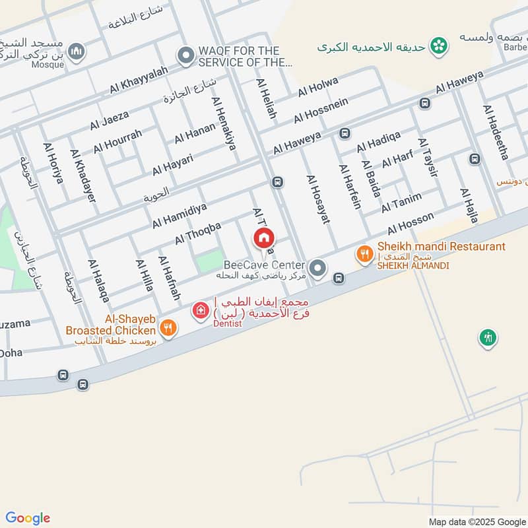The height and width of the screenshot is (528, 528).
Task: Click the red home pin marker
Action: pyautogui.click(x=264, y=238)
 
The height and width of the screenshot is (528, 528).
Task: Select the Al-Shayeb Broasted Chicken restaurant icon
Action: pyautogui.click(x=168, y=328)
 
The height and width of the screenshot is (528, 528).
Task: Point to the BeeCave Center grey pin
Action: pyautogui.click(x=318, y=268)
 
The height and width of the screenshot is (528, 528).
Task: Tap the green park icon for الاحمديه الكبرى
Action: pyautogui.click(x=436, y=46)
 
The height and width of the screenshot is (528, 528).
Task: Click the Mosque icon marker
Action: pyautogui.click(x=77, y=51)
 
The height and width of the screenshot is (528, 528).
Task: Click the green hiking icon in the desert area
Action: pyautogui.click(x=487, y=338)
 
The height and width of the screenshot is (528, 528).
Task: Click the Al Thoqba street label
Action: pyautogui.click(x=197, y=234)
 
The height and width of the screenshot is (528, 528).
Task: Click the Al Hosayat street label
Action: pyautogui.click(x=317, y=199)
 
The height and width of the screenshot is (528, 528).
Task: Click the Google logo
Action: pyautogui.click(x=27, y=518)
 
